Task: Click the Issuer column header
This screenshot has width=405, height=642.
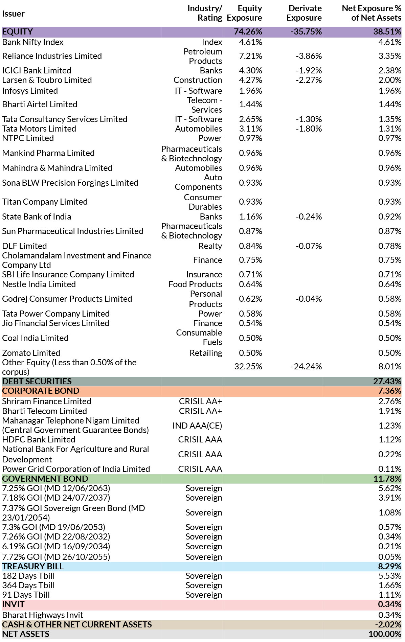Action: point(13,14)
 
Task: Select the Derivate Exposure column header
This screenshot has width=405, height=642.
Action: point(304,13)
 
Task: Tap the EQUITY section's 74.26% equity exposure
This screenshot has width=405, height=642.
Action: point(248,32)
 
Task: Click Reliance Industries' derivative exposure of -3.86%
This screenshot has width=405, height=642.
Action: point(309,56)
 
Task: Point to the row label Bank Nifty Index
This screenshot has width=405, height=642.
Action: point(33,42)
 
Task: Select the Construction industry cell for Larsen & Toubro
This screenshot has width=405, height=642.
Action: point(198,80)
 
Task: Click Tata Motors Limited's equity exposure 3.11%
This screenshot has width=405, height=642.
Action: point(250,129)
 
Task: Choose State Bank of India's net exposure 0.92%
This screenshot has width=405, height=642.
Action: point(390,217)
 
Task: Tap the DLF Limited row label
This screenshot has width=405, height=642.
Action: point(24,246)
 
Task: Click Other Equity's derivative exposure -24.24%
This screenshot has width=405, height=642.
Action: point(307,367)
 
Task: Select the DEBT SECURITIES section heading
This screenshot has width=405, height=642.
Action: point(37,382)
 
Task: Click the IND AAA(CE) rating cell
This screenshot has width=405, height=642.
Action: point(197,426)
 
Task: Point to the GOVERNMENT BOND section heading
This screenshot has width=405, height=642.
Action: point(45,479)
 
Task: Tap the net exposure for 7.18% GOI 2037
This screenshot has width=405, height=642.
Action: point(390,498)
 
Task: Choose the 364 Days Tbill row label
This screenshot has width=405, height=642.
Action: point(28,586)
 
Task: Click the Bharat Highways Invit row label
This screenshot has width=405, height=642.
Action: point(43,615)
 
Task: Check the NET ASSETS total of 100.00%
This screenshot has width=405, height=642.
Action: point(385,634)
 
